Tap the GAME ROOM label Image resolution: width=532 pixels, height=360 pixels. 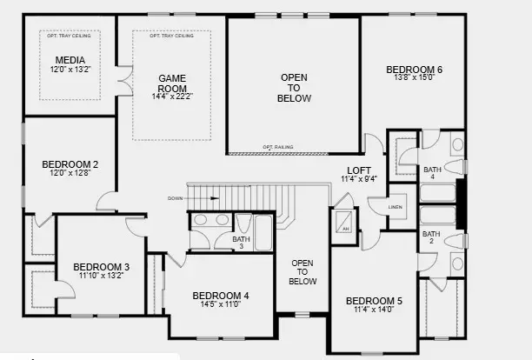(171, 83)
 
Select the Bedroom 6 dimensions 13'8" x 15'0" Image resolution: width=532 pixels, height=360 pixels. (415, 77)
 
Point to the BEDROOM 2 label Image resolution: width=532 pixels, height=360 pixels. (70, 163)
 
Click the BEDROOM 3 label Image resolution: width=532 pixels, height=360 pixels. (101, 267)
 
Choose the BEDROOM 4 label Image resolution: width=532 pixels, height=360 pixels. (220, 296)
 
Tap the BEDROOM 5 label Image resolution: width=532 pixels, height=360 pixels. (375, 301)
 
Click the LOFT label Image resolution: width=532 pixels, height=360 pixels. (359, 170)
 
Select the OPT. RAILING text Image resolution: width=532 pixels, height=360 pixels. (277, 147)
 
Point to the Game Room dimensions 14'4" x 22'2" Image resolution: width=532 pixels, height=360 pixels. (171, 96)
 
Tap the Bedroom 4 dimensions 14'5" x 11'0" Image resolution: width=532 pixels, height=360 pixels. (220, 305)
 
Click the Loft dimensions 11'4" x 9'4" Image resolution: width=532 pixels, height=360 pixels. (359, 179)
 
